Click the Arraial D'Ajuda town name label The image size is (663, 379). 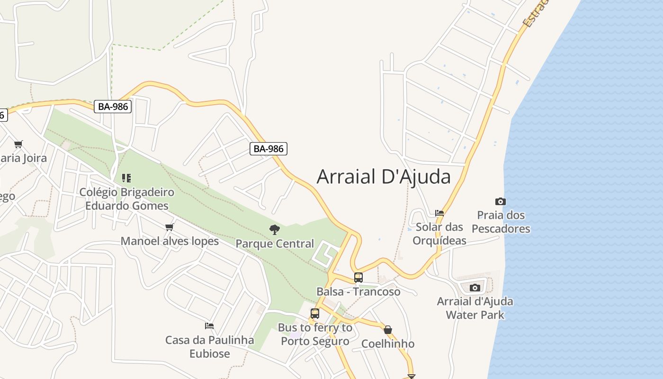click(384, 177)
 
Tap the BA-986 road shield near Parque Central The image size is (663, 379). click(269, 149)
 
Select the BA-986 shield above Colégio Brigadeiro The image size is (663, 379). click(113, 107)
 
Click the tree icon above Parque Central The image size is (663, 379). click(274, 230)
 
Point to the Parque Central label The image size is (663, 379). click(275, 244)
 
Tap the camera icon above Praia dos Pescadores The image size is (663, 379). click(500, 202)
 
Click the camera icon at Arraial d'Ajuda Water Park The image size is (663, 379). click(475, 288)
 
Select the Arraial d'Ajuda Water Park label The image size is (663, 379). click(475, 308)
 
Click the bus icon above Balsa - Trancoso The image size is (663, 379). click(358, 278)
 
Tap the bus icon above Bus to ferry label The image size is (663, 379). click(315, 313)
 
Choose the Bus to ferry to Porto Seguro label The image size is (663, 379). click(315, 334)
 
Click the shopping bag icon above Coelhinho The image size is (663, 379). click(388, 330)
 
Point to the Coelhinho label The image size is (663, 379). click(388, 343)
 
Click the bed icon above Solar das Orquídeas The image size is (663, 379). click(439, 213)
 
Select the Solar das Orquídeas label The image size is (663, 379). click(439, 234)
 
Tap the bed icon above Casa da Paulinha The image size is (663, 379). click(209, 326)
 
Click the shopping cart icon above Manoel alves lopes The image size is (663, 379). click(169, 227)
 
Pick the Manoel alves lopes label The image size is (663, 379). click(170, 241)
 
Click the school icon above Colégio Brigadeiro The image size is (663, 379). click(126, 178)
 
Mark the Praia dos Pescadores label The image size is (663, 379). click(501, 222)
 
